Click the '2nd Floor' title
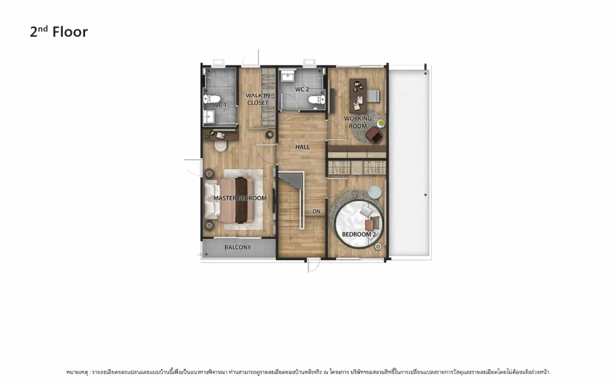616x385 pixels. coord(59,32)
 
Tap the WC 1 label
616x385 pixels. coord(220,105)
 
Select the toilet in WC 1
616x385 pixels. coord(212,99)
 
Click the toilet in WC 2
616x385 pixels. coord(316,100)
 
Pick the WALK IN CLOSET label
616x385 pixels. coord(258,99)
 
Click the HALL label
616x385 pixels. coord(303,147)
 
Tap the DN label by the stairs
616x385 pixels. coord(316,211)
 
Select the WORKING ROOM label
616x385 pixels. coord(358,122)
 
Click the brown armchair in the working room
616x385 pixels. coord(374,135)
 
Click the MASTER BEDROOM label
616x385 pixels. coord(240,198)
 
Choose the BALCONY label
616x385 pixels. coord(238,247)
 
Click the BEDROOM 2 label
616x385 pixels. coord(359,234)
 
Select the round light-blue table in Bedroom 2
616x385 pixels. coord(375,192)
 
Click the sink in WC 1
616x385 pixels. coord(209,117)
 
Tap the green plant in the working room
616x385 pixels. coord(381,123)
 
